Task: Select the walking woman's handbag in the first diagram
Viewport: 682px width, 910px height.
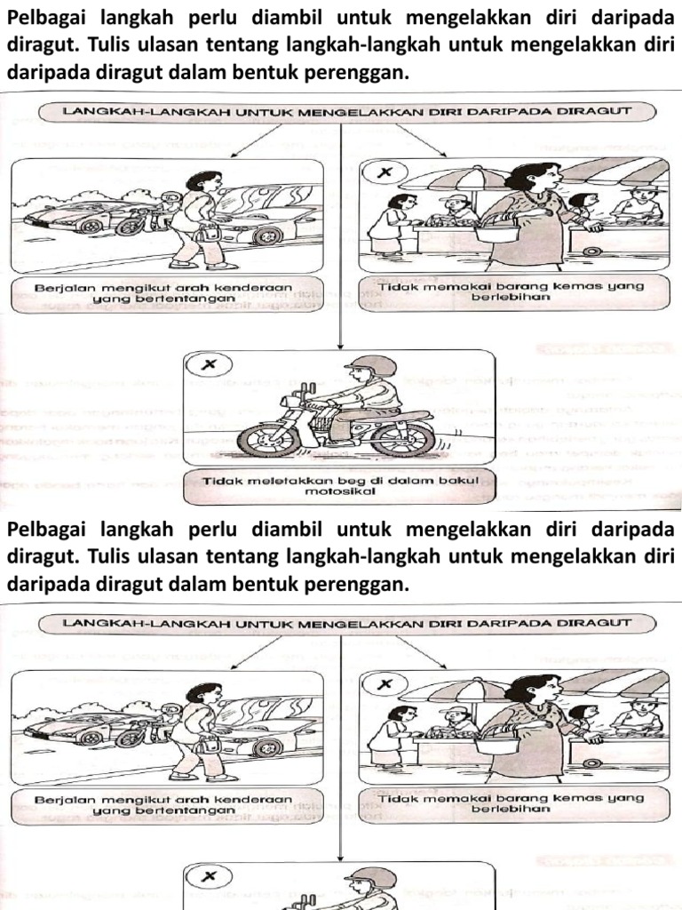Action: point(210,234)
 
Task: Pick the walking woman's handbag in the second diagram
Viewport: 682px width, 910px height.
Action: point(210,745)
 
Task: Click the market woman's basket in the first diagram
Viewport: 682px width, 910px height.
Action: point(497,232)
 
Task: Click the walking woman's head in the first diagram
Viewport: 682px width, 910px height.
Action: point(206,181)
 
